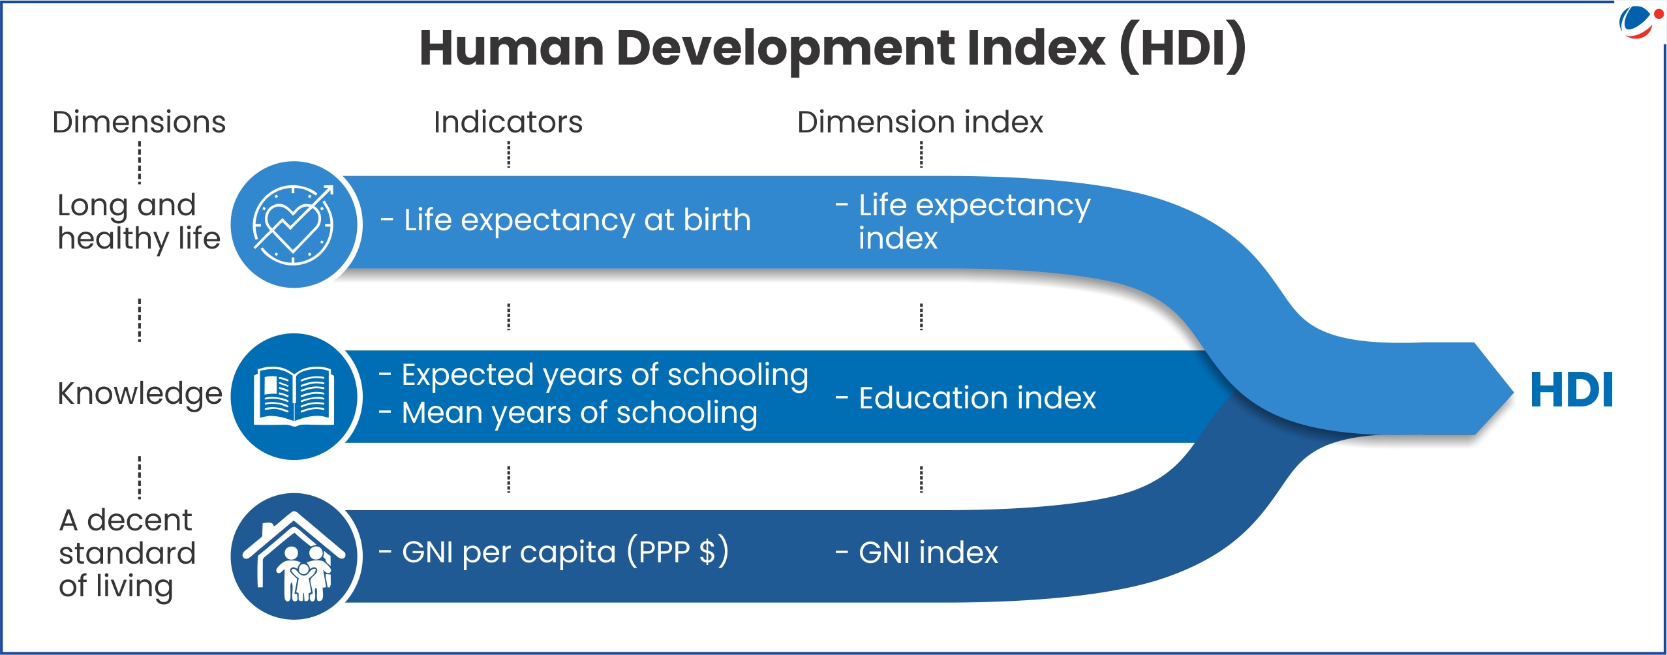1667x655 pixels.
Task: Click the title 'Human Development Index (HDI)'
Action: [833, 48]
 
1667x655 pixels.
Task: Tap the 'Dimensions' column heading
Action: [139, 122]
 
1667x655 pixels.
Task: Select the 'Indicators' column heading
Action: [508, 122]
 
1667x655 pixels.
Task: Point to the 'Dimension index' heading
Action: [920, 122]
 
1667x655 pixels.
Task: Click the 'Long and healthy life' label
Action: [139, 222]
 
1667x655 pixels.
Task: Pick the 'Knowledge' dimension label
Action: [140, 395]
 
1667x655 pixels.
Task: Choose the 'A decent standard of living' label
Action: [127, 553]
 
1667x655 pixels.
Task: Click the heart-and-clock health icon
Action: [293, 225]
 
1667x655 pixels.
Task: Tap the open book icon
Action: [294, 397]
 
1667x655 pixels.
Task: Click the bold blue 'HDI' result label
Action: [1572, 390]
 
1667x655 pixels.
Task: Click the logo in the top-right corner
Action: [1640, 22]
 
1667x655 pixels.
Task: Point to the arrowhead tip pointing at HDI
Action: [1512, 391]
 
